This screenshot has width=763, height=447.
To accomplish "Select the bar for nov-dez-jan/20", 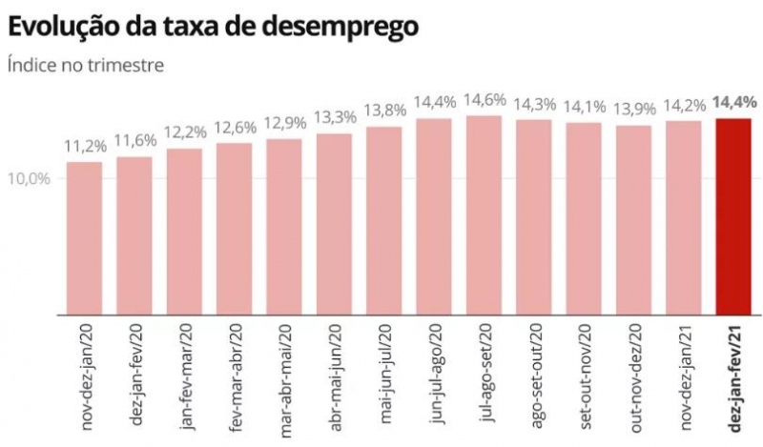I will tap(84, 238).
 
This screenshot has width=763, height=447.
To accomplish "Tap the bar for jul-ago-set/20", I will tap(484, 215).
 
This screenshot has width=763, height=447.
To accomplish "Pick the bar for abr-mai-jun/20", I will tap(335, 224).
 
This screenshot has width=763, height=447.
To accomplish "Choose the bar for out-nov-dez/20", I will tap(633, 220).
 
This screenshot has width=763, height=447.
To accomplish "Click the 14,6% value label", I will tap(484, 100).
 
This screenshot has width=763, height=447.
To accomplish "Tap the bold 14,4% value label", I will tap(733, 102).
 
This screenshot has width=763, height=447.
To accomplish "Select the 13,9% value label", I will tap(633, 110).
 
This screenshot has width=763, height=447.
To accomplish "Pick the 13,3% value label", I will tap(335, 118).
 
